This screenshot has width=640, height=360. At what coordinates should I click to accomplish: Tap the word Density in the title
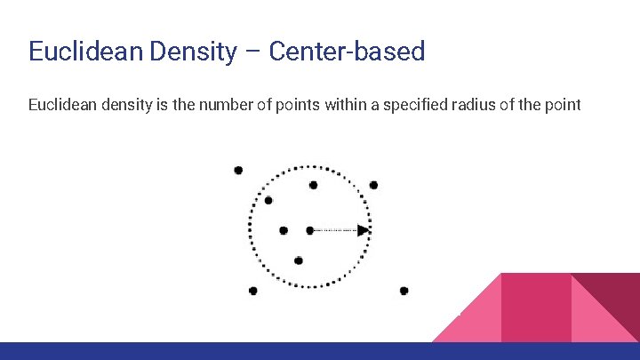tap(192, 51)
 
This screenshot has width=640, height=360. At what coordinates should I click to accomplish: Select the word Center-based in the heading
tap(347, 51)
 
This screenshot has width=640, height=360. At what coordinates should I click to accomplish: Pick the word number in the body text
tap(206, 106)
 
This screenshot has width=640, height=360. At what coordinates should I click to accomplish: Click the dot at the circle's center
tap(309, 230)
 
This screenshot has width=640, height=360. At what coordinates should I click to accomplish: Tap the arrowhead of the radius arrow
tap(364, 230)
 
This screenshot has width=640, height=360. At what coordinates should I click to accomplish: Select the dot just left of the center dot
tap(284, 230)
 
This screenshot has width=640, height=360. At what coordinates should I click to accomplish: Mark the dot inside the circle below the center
tap(299, 260)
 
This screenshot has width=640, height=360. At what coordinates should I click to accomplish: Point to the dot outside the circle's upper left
tap(237, 170)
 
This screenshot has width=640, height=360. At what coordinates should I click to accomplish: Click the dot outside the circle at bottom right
tap(404, 291)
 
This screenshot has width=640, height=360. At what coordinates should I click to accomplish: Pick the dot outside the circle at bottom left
tap(253, 291)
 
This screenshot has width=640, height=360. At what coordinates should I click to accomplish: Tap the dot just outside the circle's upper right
tap(373, 185)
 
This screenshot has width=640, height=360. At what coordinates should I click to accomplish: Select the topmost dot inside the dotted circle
tap(313, 185)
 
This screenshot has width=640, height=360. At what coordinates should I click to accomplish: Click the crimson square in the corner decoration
tap(536, 307)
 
